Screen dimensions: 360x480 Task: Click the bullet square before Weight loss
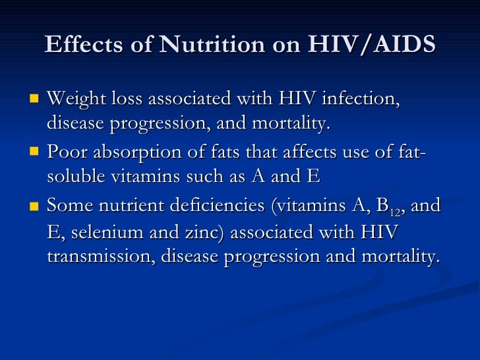[x=35, y=100]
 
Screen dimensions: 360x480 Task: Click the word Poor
[x=65, y=153]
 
